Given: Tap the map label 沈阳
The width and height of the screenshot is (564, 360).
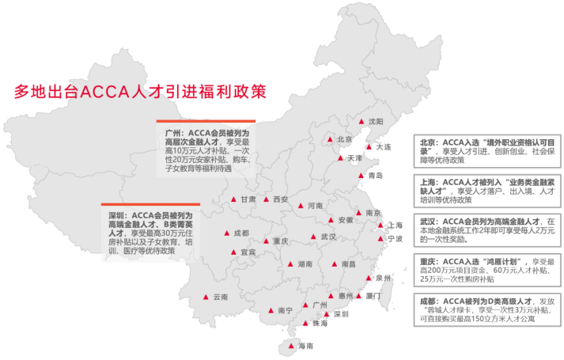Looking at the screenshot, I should pyautogui.click(x=376, y=121).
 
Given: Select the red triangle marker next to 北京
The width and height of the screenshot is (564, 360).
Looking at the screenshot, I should pyautogui.click(x=331, y=140).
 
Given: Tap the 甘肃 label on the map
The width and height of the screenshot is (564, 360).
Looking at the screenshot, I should pyautogui.click(x=248, y=199).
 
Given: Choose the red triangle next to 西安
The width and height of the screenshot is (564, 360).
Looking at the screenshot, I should pyautogui.click(x=267, y=199).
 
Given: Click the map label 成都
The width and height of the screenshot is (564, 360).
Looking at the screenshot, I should pyautogui.click(x=241, y=233).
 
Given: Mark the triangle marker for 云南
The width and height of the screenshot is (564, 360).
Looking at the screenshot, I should pyautogui.click(x=205, y=297).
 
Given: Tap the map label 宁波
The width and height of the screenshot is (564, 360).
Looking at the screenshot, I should pyautogui.click(x=396, y=238).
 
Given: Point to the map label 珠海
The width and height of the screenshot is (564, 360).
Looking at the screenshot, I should pyautogui.click(x=320, y=324).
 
